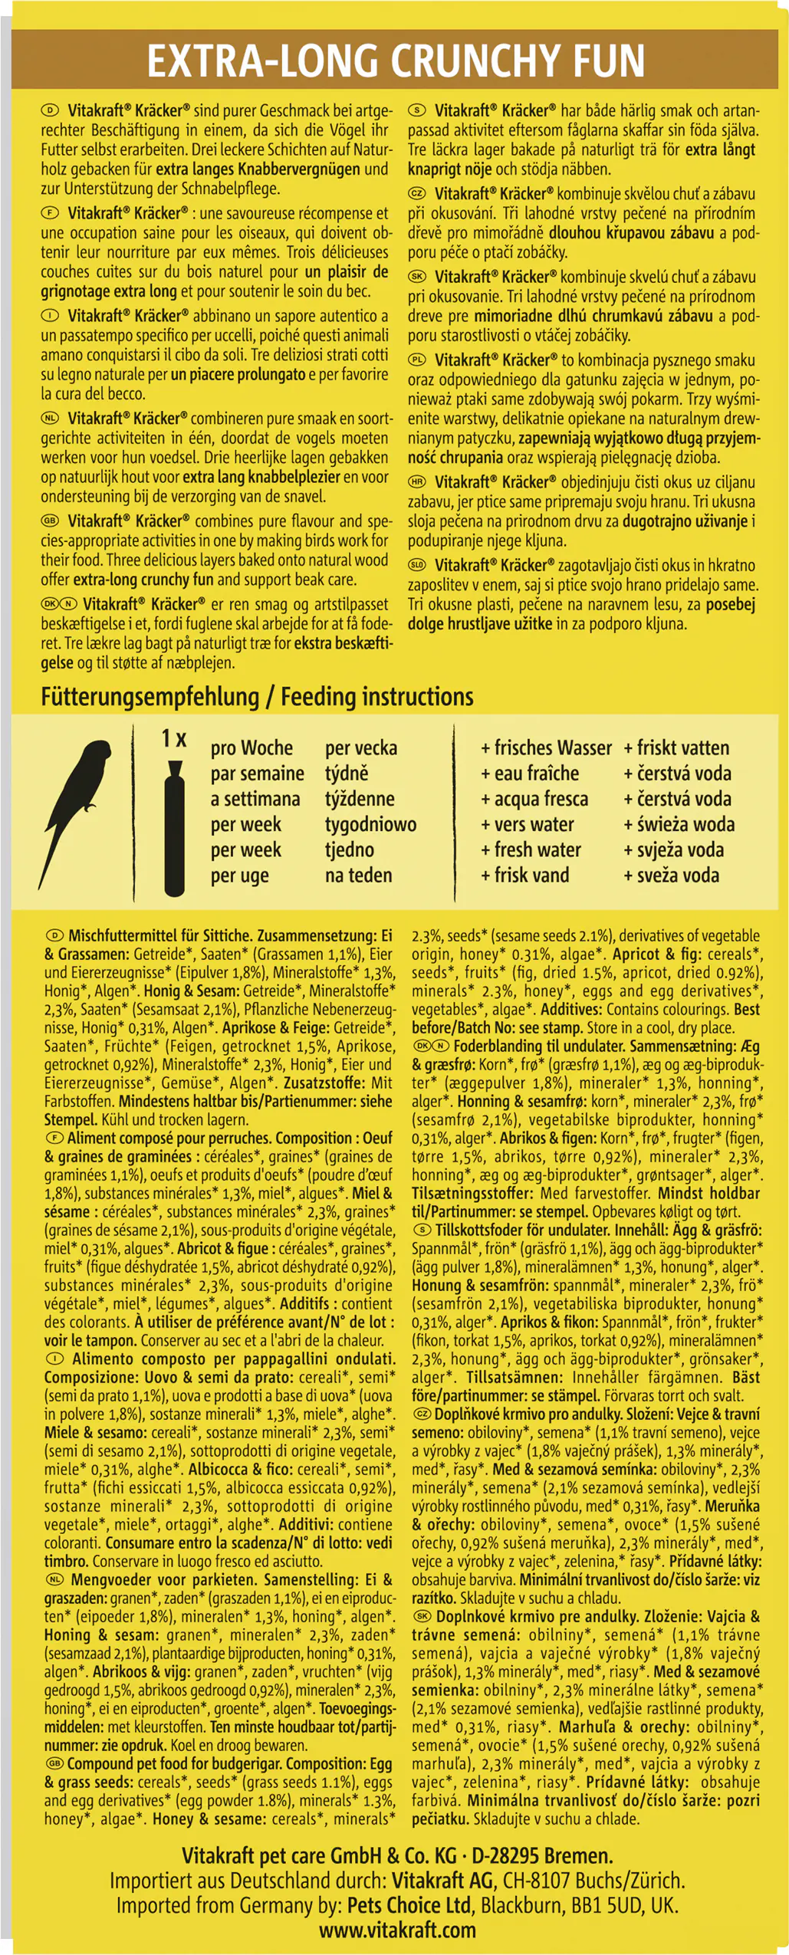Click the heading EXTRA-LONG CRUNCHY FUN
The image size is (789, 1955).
[x=395, y=61]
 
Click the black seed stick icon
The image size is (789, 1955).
[x=175, y=829]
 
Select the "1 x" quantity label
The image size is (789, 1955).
[x=174, y=738]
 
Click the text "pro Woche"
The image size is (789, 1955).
[x=251, y=747]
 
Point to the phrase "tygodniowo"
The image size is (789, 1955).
[x=370, y=824]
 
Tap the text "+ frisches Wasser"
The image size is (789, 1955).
[x=546, y=747]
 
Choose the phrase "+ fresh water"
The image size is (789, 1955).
[x=531, y=849]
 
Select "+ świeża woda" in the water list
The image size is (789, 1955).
[x=679, y=824]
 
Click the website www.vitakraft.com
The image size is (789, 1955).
[x=397, y=1929]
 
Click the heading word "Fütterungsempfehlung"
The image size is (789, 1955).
[x=150, y=697]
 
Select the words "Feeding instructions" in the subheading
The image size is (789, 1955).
[x=376, y=697]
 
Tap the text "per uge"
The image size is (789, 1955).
[x=239, y=876]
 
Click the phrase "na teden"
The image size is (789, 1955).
[x=358, y=876]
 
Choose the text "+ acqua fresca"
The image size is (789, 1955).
[x=534, y=799]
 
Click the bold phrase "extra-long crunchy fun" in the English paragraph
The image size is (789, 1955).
[x=142, y=580]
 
